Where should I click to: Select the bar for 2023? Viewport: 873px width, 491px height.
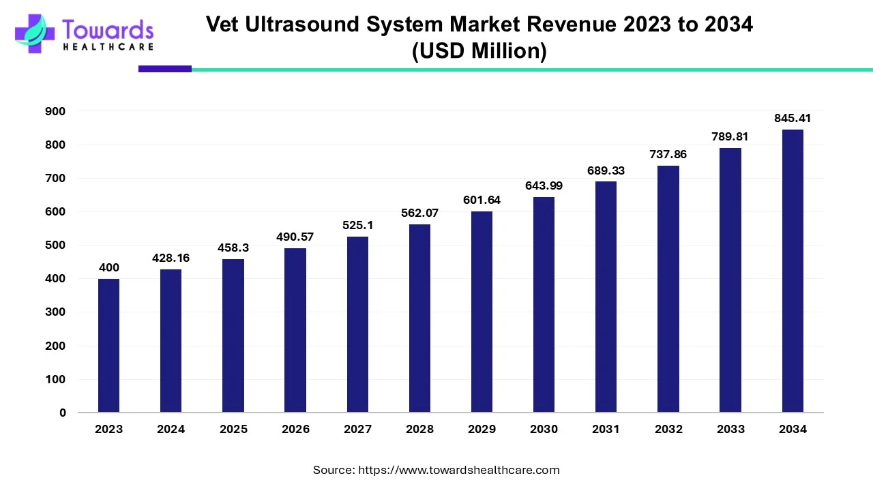(x=108, y=345)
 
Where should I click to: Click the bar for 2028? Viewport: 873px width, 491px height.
(x=419, y=318)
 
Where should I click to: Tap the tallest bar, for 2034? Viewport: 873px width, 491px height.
(x=793, y=271)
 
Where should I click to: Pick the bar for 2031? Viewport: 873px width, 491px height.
(x=606, y=297)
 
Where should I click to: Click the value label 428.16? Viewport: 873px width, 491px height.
(x=171, y=258)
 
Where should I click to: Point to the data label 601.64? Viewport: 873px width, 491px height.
(x=482, y=200)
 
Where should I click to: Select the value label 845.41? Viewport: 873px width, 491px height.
(x=793, y=119)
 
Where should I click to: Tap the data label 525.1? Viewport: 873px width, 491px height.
(x=357, y=224)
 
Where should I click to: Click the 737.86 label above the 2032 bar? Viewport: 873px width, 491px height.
(x=668, y=155)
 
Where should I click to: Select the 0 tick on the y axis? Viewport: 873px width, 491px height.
(x=63, y=413)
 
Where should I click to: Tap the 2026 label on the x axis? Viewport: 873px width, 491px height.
(x=295, y=429)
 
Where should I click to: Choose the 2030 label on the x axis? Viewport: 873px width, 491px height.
(x=544, y=429)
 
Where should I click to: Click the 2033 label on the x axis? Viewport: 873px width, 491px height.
(x=730, y=429)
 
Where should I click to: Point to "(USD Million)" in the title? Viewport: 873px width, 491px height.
(x=479, y=52)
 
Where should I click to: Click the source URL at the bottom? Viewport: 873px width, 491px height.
(x=459, y=470)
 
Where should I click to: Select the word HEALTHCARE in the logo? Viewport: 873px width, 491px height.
(x=108, y=47)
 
